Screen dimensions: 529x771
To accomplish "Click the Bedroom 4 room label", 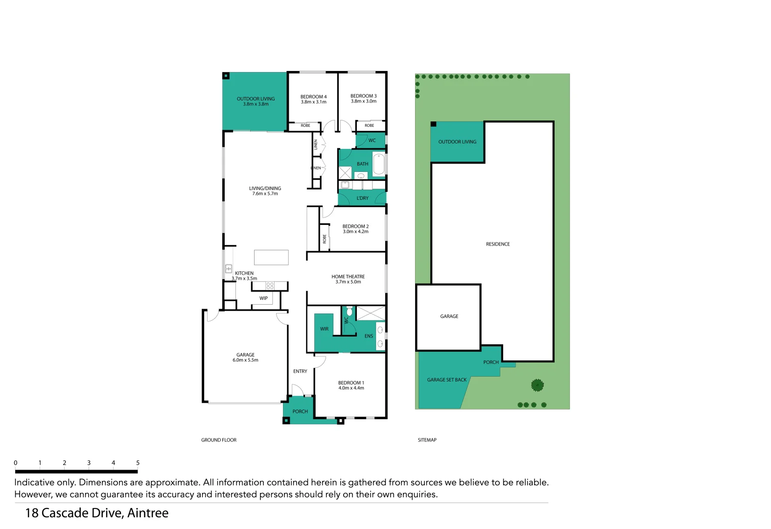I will tap(313, 96).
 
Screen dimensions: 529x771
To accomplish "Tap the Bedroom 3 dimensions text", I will tap(363, 101).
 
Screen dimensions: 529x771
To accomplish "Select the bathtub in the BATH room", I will tap(379, 164).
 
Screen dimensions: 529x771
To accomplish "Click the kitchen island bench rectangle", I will tap(271, 257).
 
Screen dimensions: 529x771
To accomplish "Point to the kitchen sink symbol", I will tap(229, 268).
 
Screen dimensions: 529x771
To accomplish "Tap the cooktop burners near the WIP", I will tap(270, 286).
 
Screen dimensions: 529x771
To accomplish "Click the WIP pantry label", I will tap(263, 298).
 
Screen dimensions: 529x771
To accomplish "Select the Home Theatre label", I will tap(348, 277).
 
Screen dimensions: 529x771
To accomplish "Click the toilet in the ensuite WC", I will tap(350, 312).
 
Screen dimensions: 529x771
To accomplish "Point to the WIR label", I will tap(324, 329).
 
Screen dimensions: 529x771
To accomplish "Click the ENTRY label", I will tap(300, 371).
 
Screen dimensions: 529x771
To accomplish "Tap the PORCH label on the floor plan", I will tap(300, 411).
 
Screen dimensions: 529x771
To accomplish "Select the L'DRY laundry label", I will tap(362, 198).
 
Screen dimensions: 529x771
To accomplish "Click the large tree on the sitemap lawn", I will tap(537, 385).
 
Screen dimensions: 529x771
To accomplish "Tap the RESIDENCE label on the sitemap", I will tap(498, 244).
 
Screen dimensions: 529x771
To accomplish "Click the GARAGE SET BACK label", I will tap(446, 380).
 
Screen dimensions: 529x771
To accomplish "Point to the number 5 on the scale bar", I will tap(138, 463).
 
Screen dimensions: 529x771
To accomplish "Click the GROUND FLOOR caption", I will tap(219, 440).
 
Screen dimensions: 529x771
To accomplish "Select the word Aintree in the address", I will tap(148, 513).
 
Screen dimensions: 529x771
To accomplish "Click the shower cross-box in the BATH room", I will tap(345, 173).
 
